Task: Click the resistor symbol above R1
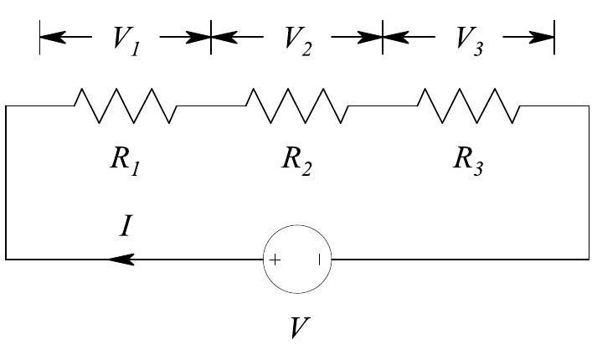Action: click(126, 105)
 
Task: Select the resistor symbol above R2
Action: click(296, 105)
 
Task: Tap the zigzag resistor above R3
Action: click(468, 105)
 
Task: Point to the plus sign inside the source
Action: click(275, 260)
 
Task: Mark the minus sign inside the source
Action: click(319, 260)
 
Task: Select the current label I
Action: click(124, 227)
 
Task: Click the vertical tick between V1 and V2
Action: click(211, 38)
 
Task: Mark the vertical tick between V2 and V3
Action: click(383, 38)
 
